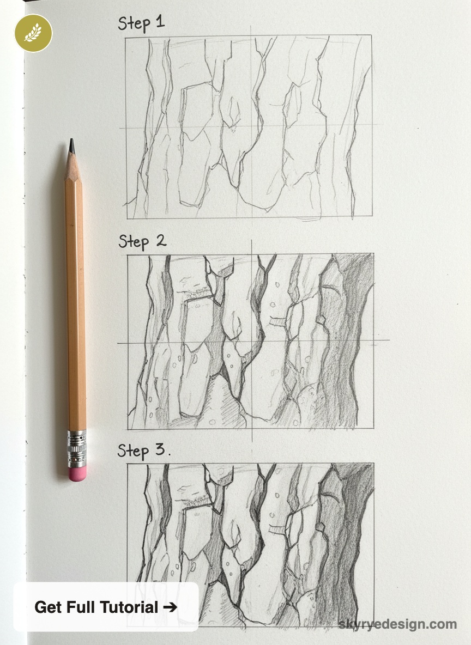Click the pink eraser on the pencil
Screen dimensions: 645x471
[77, 473]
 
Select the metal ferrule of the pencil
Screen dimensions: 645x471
[77, 448]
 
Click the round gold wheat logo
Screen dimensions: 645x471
[33, 33]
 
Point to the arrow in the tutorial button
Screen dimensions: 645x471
[170, 607]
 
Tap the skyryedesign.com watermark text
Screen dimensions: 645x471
[397, 624]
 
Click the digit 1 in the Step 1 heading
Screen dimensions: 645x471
[160, 23]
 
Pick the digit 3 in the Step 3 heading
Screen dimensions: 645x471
[159, 451]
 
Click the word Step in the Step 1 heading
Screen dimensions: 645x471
[134, 25]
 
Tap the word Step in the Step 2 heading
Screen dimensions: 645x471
[134, 241]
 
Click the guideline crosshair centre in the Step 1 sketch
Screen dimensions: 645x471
[251, 127]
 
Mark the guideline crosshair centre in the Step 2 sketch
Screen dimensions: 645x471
[251, 343]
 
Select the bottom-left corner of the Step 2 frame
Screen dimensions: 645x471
[128, 429]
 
